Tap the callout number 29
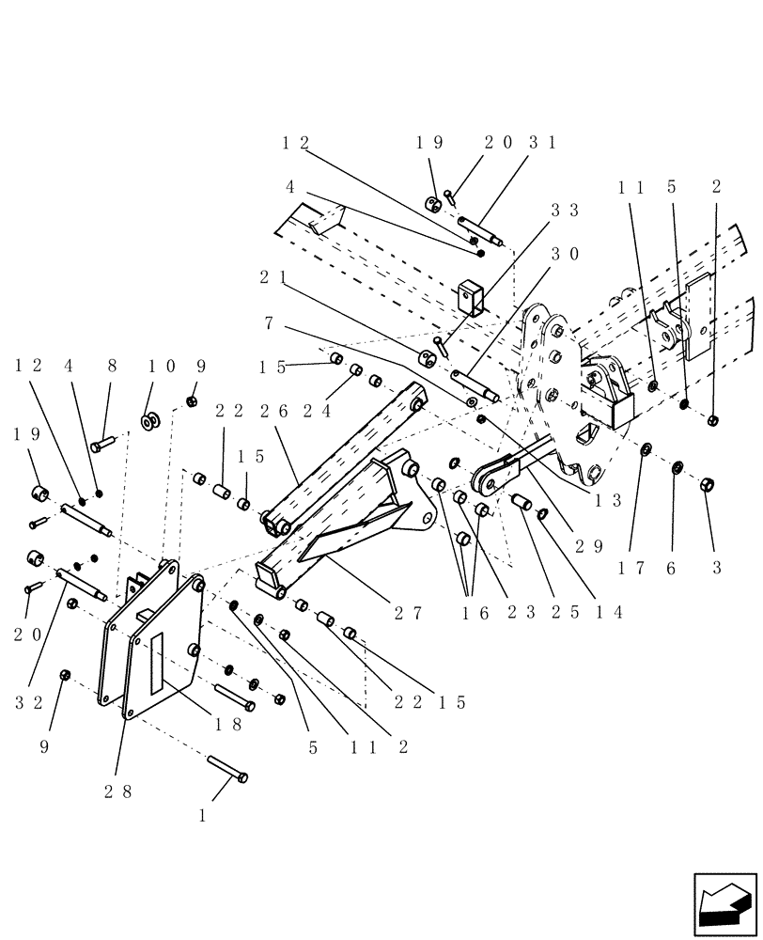(591, 546)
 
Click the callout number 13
(608, 501)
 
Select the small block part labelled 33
(472, 296)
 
